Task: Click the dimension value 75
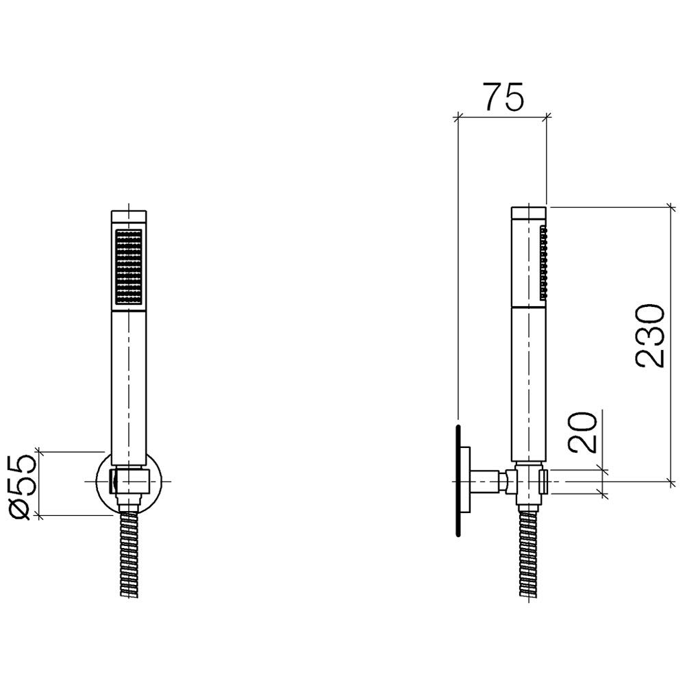point(503,97)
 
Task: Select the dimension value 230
point(650,336)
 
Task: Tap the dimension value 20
point(582,432)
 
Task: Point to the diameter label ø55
point(21,487)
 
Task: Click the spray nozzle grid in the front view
point(129,266)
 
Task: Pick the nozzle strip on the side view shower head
point(544,262)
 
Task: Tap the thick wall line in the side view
point(458,481)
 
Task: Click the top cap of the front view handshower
point(129,217)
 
